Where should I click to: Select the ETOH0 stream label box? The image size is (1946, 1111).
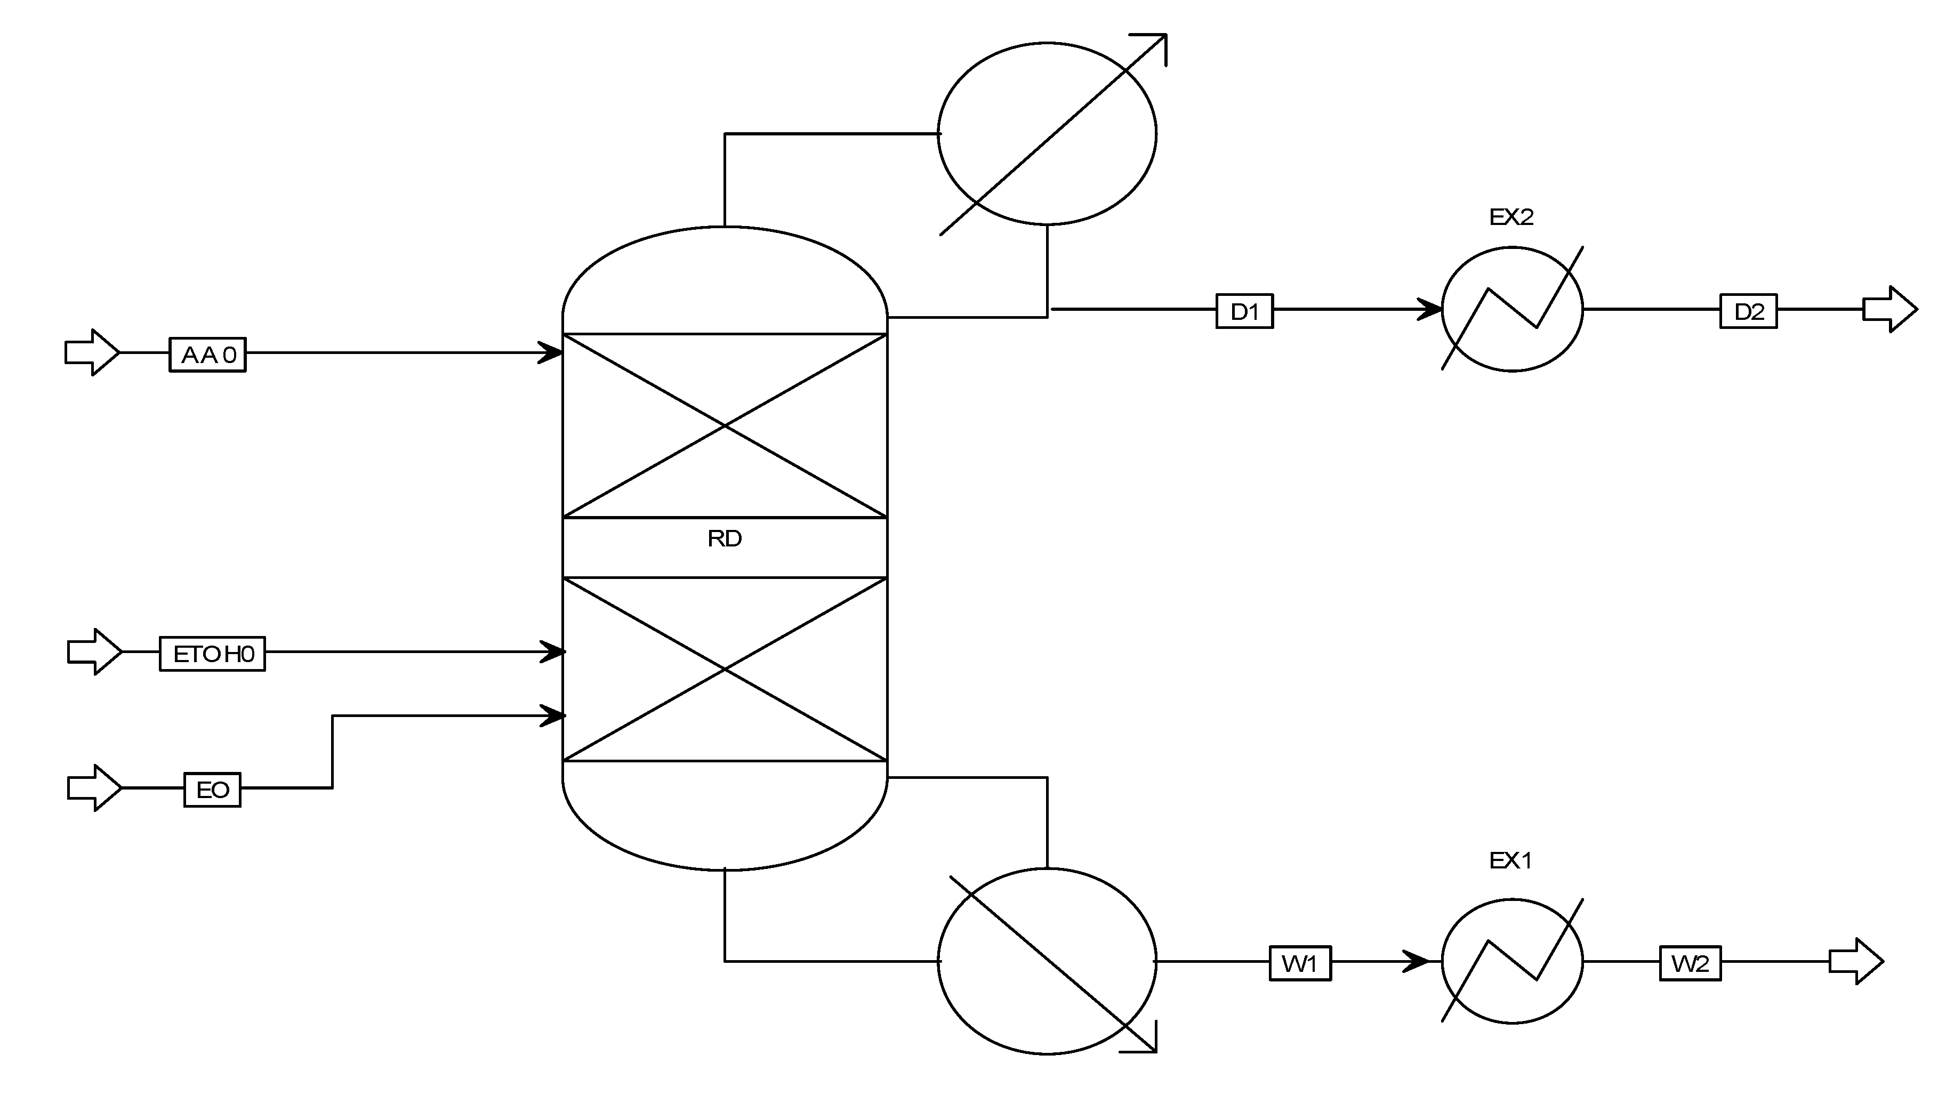click(x=212, y=654)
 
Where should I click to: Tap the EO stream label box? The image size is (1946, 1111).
click(x=212, y=790)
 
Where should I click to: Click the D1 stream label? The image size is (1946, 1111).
click(x=1244, y=311)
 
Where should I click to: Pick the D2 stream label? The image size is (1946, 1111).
click(x=1748, y=311)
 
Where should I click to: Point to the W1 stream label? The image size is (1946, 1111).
click(x=1300, y=964)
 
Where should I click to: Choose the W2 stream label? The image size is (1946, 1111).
click(x=1690, y=964)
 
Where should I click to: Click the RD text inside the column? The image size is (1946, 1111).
click(x=723, y=539)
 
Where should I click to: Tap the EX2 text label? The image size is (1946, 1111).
click(x=1510, y=218)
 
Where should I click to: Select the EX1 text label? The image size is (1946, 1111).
click(x=1510, y=861)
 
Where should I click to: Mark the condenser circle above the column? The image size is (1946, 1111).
click(x=1046, y=133)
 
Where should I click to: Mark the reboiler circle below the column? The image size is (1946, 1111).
click(x=1046, y=961)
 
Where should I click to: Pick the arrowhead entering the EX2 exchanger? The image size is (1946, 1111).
click(x=1429, y=309)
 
